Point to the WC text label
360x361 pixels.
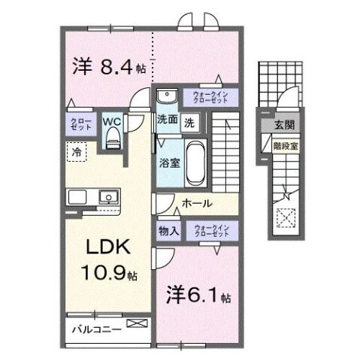click(113, 119)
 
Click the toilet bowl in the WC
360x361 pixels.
click(113, 136)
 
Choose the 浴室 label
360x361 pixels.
click(168, 161)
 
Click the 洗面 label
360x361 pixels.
click(166, 120)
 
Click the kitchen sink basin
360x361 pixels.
click(108, 198)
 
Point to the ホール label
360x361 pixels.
click(197, 203)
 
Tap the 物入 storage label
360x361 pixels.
click(168, 232)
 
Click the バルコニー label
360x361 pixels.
click(97, 329)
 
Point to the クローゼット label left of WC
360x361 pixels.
click(81, 124)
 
